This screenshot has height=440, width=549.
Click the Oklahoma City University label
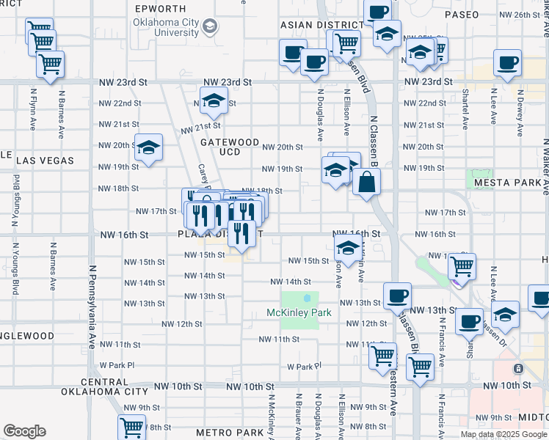pos(166,27)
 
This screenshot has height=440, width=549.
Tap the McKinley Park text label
pos(299,312)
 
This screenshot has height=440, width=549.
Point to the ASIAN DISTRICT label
pos(317,25)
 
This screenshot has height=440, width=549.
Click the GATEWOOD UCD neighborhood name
pos(230,147)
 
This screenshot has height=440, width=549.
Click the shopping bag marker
pos(366,183)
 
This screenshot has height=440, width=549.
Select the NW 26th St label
pos(519,15)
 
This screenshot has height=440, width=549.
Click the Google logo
pos(24,431)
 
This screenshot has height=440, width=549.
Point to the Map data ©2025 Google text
pos(503,434)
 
